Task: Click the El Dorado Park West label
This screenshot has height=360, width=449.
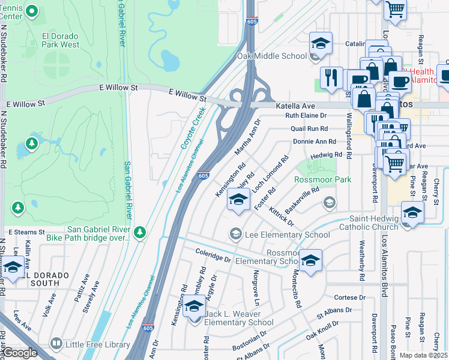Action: click(x=60, y=40)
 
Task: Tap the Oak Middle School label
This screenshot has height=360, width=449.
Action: click(x=272, y=56)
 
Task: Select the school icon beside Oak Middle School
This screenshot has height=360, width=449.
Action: click(x=321, y=43)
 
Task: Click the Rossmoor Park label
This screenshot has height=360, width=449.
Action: click(x=322, y=179)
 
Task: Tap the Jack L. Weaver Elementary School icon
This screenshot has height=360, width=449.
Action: click(x=193, y=307)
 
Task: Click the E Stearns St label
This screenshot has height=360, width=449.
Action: click(x=26, y=232)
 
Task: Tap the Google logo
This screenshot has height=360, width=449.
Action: click(x=20, y=353)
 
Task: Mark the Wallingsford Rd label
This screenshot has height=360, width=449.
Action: click(x=349, y=132)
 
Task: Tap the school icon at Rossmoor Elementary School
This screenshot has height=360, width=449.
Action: click(x=310, y=260)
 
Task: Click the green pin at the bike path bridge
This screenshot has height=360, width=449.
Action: click(x=140, y=232)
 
